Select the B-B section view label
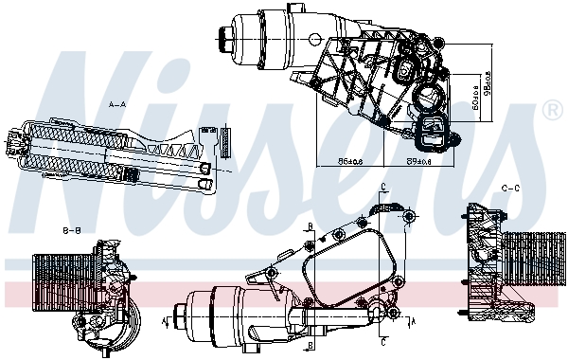(x=71, y=230)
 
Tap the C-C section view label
(x=510, y=189)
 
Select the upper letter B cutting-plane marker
(x=311, y=226)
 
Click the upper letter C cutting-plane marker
(x=382, y=186)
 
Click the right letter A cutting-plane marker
(x=412, y=321)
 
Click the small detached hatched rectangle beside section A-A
(x=226, y=138)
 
